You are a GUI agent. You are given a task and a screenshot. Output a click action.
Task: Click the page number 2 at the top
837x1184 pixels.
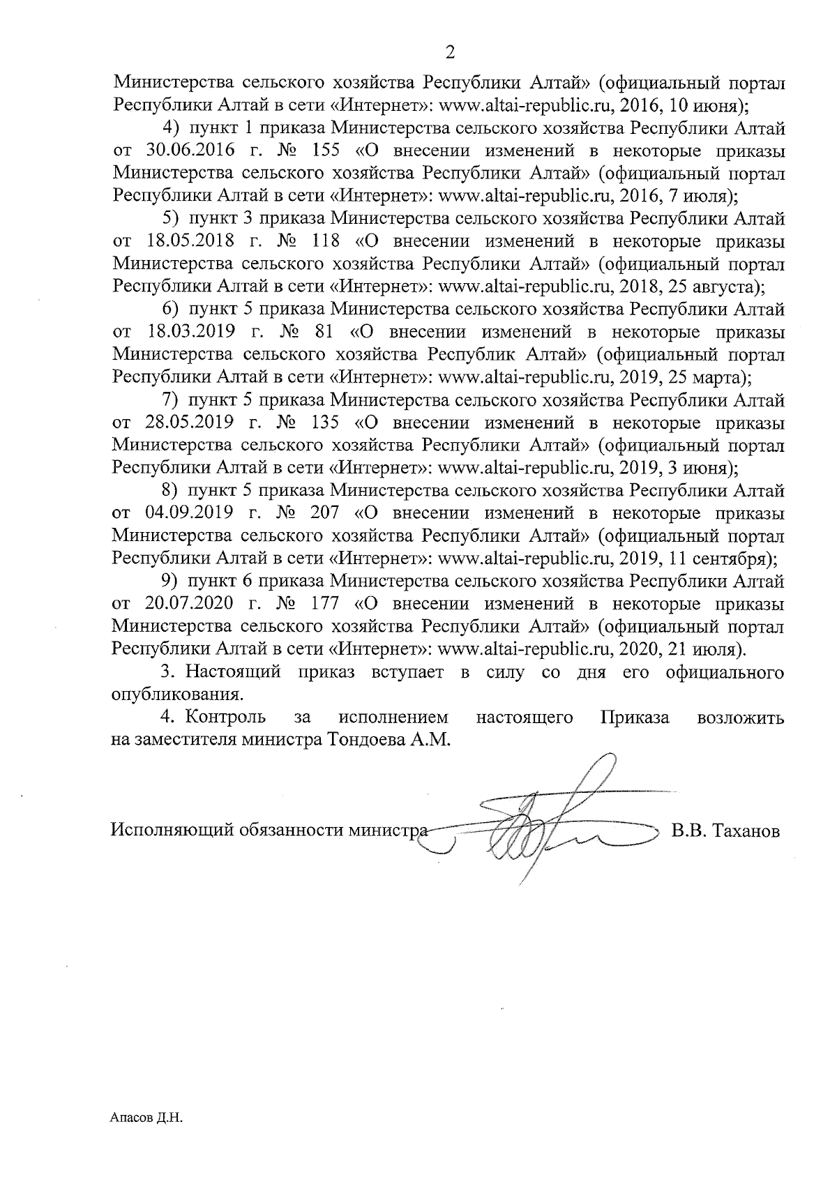pos(450,53)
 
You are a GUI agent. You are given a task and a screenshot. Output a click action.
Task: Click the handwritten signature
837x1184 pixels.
pos(544,823)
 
